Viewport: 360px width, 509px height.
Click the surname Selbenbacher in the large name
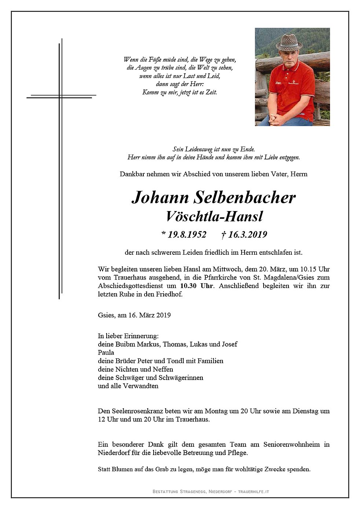click(x=244, y=198)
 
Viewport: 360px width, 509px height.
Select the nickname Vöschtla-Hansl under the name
click(x=214, y=217)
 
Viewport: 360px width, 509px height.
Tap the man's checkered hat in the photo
click(x=289, y=43)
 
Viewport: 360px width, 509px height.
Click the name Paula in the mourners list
click(x=106, y=353)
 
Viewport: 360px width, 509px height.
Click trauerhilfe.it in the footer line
click(x=253, y=491)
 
